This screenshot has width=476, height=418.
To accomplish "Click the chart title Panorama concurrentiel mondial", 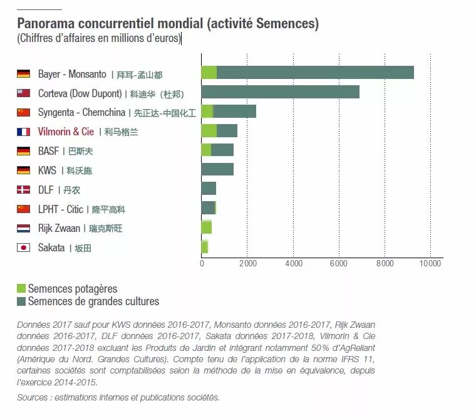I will click(168, 24).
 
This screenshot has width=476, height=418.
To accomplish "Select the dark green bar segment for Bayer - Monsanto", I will click(315, 73).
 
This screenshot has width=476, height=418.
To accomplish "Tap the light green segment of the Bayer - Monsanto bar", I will click(209, 73).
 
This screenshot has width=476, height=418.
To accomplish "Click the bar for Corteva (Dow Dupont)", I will click(280, 92).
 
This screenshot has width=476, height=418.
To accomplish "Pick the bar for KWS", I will click(217, 169).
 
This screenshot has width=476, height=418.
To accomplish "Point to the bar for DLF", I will click(209, 189).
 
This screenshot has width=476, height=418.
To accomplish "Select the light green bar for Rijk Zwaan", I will click(206, 227).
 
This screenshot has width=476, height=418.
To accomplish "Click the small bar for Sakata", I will click(204, 247).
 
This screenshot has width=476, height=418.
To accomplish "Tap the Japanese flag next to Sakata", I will click(24, 248).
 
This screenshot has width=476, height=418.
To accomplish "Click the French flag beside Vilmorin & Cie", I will click(24, 132).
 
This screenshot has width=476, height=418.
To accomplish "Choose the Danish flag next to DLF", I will click(24, 189).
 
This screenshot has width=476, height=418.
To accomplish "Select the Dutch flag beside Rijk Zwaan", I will click(24, 228).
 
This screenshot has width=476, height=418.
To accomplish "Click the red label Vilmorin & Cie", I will click(66, 132).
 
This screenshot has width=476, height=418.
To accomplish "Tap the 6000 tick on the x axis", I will click(339, 264).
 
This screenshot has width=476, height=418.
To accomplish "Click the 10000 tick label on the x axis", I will click(430, 264).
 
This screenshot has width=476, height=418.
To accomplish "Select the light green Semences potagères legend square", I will click(21, 289).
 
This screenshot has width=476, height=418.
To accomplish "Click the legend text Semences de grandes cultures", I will click(93, 301).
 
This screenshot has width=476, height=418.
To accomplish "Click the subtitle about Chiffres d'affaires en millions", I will click(98, 38).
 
